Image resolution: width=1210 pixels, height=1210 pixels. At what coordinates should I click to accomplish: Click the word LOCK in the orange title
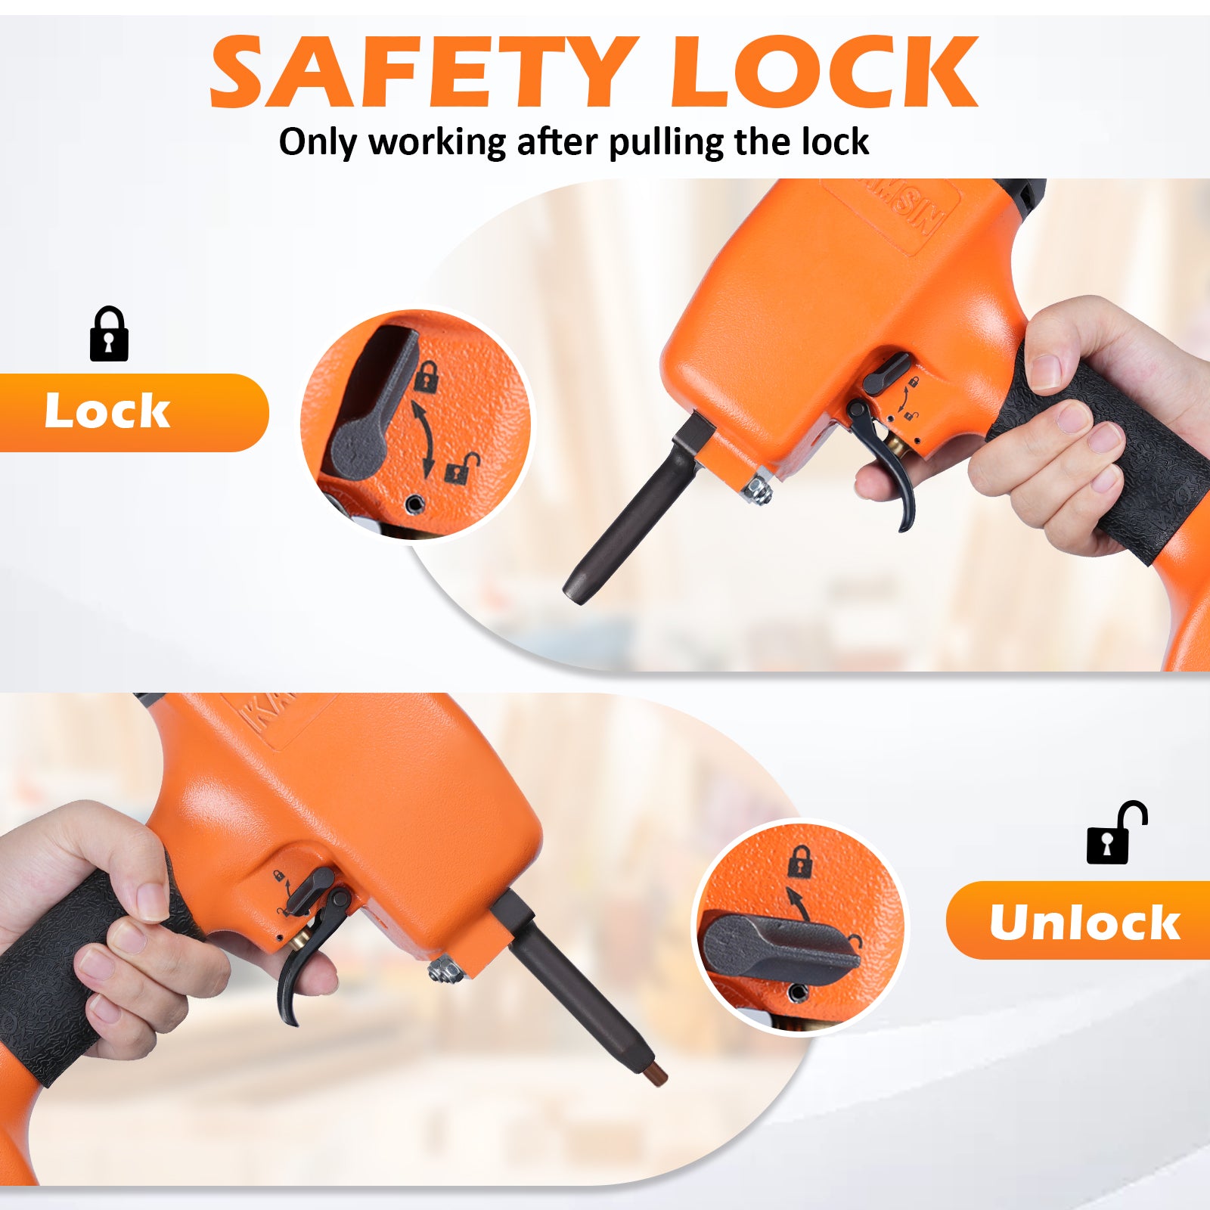[825, 72]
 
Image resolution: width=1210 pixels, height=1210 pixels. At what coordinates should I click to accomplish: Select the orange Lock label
[134, 412]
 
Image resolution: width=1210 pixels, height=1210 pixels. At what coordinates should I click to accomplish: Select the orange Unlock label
[1078, 920]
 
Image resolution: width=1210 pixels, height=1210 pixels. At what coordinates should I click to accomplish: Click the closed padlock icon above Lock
[109, 334]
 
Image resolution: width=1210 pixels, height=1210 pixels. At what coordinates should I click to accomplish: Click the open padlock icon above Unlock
[1116, 833]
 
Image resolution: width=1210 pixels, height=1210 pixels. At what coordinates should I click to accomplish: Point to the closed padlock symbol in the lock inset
[427, 376]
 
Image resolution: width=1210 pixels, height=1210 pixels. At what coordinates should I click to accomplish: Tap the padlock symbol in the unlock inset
[800, 861]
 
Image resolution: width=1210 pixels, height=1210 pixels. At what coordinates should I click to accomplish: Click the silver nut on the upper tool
[757, 491]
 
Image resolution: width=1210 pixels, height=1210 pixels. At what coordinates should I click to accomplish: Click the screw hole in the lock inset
[414, 504]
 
